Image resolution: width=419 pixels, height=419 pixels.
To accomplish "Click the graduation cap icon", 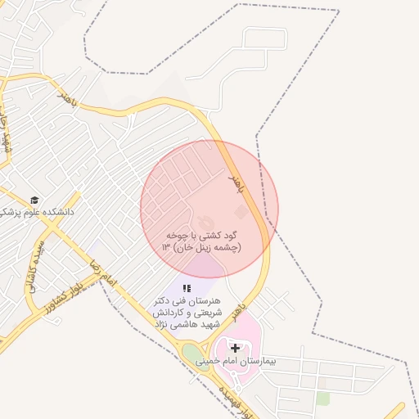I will coord(34,200).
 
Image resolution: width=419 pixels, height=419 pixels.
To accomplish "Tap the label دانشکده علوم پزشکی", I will coord(38,211).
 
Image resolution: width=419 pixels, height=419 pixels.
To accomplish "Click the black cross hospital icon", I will coord(236,348).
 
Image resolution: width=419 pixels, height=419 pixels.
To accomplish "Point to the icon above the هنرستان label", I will coord(187,288).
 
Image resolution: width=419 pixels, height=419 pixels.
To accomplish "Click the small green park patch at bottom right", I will coord(323,398).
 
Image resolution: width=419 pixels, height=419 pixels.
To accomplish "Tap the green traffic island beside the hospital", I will coord(192,355).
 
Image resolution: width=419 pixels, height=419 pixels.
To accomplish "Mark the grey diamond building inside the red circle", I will coord(240,211).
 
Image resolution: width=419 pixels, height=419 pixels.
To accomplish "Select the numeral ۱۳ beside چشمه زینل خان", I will coord(167,246).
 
